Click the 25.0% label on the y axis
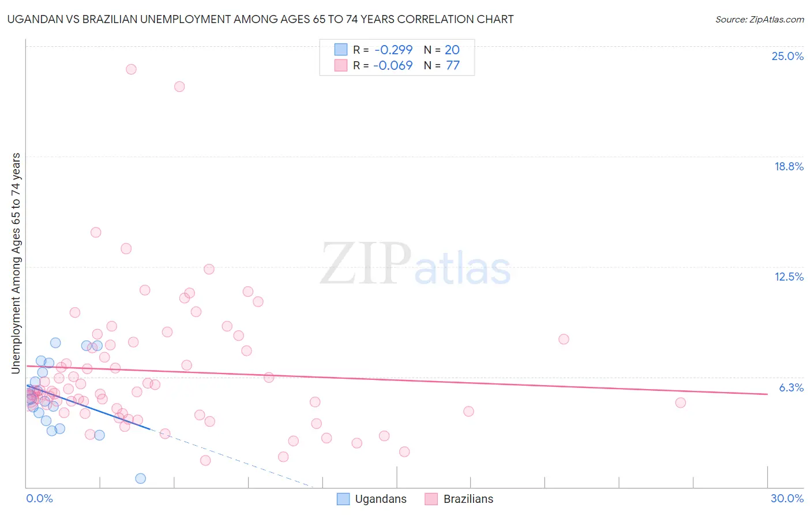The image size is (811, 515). (x=787, y=56)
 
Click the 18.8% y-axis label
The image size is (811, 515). (x=789, y=166)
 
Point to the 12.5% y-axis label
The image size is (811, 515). (x=789, y=277)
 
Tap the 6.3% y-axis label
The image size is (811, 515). (x=791, y=387)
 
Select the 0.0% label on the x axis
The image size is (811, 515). (x=39, y=498)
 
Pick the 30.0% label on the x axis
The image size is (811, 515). (x=787, y=498)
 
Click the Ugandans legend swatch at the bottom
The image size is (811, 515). (x=343, y=499)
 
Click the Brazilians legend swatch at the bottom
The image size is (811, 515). (x=431, y=499)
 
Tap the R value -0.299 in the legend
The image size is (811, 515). (x=393, y=50)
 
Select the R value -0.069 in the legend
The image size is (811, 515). (x=393, y=65)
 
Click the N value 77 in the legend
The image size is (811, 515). (x=453, y=65)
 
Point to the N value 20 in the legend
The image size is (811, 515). (x=452, y=50)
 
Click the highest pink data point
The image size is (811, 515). (x=131, y=69)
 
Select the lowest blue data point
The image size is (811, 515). (x=140, y=478)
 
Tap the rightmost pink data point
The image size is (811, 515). (x=681, y=402)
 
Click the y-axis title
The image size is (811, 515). (x=16, y=263)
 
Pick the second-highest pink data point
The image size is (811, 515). (x=179, y=87)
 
